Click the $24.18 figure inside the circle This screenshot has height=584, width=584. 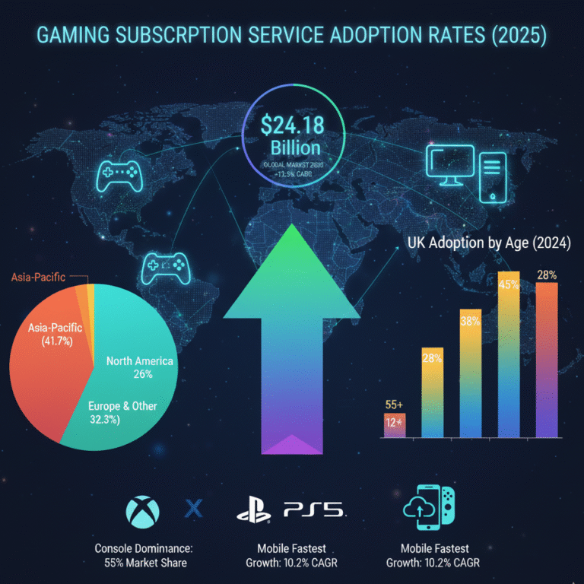[291, 125]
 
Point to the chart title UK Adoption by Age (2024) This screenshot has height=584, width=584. [488, 245]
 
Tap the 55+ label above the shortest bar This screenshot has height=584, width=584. [393, 405]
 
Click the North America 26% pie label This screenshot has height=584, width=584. [140, 367]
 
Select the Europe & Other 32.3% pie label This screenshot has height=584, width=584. [122, 412]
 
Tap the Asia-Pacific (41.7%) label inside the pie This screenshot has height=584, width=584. [49, 335]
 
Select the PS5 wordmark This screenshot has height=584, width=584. [312, 509]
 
